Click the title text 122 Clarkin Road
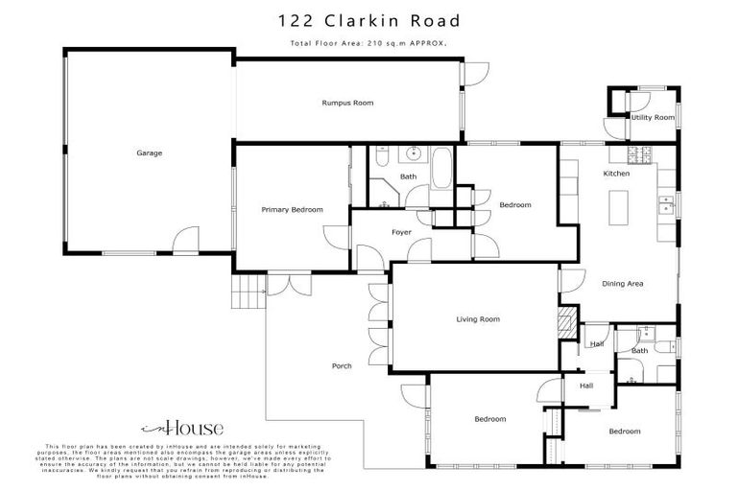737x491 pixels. click(368, 20)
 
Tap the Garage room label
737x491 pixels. click(148, 152)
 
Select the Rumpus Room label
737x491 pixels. click(347, 103)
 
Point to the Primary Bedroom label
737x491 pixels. click(292, 209)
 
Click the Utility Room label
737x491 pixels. click(653, 117)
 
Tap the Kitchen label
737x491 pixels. click(615, 174)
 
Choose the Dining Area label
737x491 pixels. click(622, 284)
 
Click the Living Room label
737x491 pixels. click(477, 319)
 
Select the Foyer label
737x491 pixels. click(401, 233)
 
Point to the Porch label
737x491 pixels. click(342, 366)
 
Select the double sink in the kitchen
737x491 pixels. click(664, 204)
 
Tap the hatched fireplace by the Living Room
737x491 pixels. click(567, 319)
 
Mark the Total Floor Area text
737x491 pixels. click(368, 44)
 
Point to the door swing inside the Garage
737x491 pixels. click(184, 241)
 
